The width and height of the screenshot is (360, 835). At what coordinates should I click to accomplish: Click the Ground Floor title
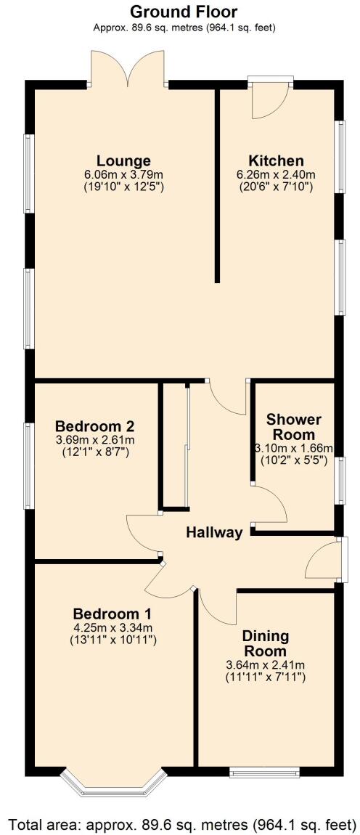pos(183,12)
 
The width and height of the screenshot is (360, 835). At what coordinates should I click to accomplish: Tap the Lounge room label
pos(123,160)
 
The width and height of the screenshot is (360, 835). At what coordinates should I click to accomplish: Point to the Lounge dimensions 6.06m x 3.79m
pos(123,174)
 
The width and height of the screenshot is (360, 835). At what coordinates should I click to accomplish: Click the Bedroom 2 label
pos(94,425)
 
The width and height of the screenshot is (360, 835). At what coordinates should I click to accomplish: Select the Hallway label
pos(214,532)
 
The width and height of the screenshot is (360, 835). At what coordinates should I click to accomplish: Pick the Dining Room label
pos(265,643)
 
